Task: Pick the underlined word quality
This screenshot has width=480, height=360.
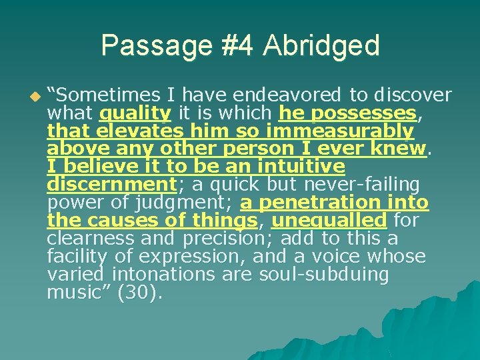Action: pos(136,113)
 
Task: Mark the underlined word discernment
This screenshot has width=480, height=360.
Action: pos(111,183)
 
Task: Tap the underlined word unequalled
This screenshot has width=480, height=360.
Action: pos(329,219)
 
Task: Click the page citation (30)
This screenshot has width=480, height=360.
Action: pos(139,291)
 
